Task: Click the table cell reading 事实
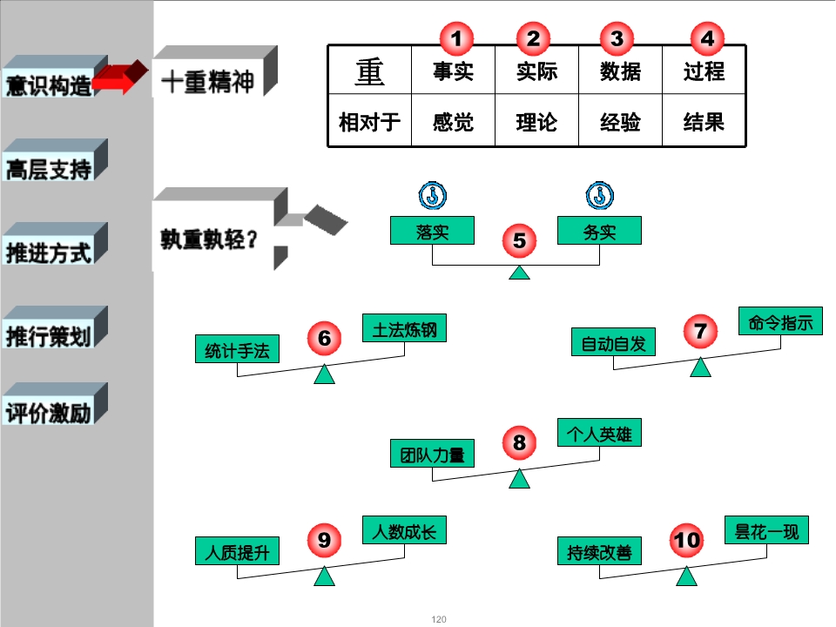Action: pyautogui.click(x=453, y=71)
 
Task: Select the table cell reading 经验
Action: pyautogui.click(x=620, y=121)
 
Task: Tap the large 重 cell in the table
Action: pyautogui.click(x=369, y=71)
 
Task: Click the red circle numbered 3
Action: pyautogui.click(x=617, y=38)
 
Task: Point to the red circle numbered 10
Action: pyautogui.click(x=686, y=540)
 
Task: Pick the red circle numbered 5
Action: pyautogui.click(x=519, y=240)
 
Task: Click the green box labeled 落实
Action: pyautogui.click(x=432, y=230)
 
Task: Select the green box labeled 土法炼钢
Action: pyautogui.click(x=404, y=328)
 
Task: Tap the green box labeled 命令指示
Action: pyautogui.click(x=780, y=321)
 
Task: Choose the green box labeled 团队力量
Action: pyautogui.click(x=432, y=453)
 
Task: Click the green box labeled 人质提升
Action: pyautogui.click(x=237, y=550)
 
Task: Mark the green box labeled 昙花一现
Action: pyautogui.click(x=766, y=530)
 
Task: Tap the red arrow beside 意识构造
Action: pyautogui.click(x=120, y=78)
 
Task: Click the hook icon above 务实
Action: pyautogui.click(x=600, y=196)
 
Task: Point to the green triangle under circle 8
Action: pyautogui.click(x=519, y=479)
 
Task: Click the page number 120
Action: pyautogui.click(x=439, y=619)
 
